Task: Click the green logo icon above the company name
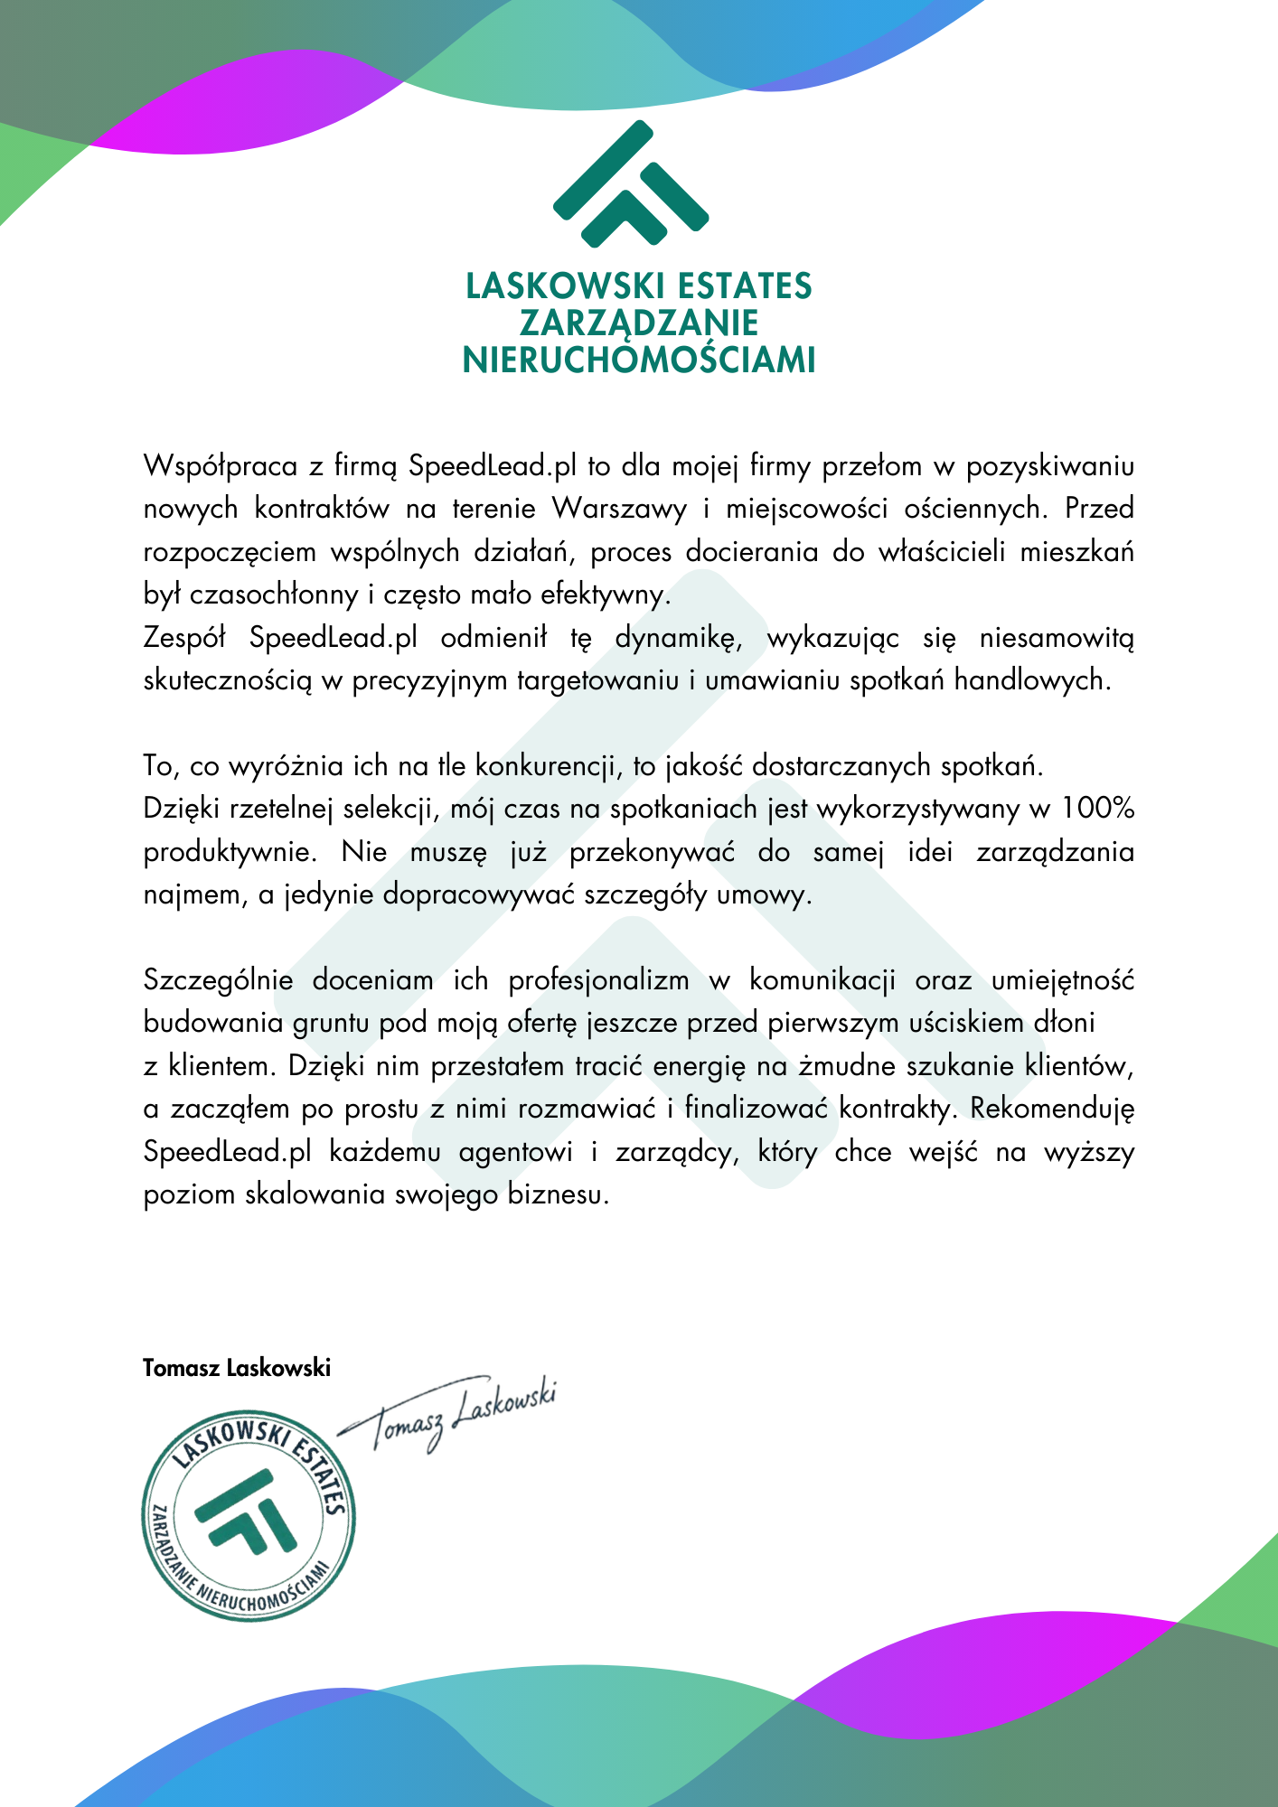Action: [x=630, y=185]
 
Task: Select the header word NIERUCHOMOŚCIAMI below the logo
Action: [x=638, y=360]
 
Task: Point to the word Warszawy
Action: [x=620, y=509]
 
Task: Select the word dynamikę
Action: [x=679, y=638]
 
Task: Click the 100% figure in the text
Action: [x=1097, y=809]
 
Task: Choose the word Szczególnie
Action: [x=218, y=980]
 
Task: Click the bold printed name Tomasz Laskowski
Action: [x=237, y=1368]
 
